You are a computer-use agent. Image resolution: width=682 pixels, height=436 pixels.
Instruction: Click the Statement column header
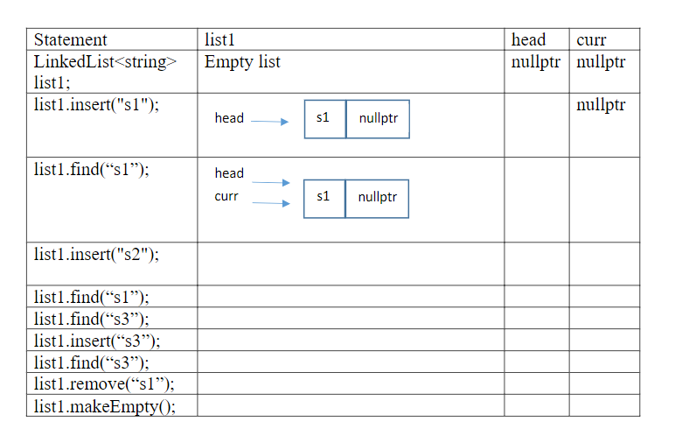click(71, 39)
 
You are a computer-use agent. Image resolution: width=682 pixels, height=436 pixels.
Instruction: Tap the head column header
click(528, 39)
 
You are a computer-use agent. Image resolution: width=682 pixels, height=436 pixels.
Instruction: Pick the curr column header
click(591, 39)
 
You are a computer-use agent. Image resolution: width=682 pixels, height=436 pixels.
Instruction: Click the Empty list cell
click(242, 62)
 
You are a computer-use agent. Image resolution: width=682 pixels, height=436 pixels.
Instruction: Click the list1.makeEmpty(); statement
click(104, 405)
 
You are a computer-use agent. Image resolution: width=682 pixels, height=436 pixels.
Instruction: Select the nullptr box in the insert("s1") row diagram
click(378, 118)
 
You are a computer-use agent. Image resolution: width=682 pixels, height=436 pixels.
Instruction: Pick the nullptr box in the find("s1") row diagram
click(377, 198)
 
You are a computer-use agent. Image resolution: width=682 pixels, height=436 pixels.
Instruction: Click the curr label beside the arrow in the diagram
click(226, 196)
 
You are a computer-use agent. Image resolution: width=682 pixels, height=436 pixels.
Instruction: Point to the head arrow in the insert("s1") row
click(269, 123)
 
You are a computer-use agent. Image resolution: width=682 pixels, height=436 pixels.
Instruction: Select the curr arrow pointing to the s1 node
click(270, 203)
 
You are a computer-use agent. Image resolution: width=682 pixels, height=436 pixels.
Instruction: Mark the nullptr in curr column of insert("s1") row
click(602, 105)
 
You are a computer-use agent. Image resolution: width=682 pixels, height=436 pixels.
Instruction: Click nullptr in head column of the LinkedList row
click(535, 62)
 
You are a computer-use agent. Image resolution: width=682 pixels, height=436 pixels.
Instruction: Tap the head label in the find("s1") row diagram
click(229, 173)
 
